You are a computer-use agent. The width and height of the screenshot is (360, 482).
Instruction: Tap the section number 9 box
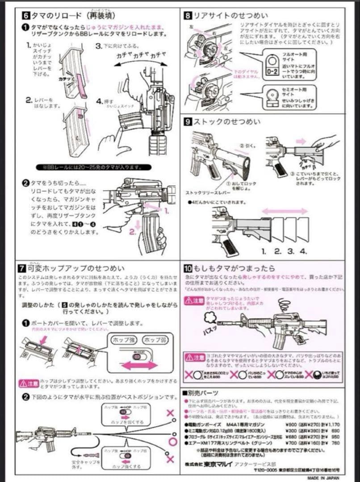coord(188,121)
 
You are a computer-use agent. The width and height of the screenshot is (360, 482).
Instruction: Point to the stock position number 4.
coord(304,252)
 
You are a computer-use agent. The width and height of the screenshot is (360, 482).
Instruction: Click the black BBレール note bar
coord(89,168)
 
